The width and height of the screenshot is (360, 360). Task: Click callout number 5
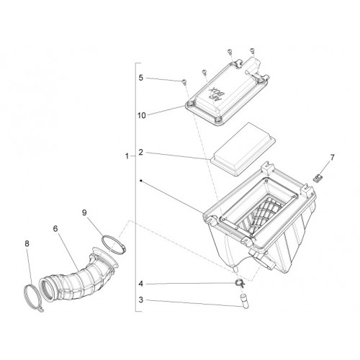(141, 78)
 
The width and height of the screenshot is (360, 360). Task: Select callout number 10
(142, 115)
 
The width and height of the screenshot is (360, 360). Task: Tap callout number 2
(141, 152)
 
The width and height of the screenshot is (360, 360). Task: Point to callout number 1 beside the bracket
(127, 156)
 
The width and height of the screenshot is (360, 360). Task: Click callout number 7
(333, 158)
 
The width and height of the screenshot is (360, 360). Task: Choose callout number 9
(84, 212)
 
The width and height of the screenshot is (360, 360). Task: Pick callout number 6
(55, 229)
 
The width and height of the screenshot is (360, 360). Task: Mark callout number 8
(27, 243)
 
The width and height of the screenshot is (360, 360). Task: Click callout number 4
(141, 284)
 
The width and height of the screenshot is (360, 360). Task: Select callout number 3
(141, 300)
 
